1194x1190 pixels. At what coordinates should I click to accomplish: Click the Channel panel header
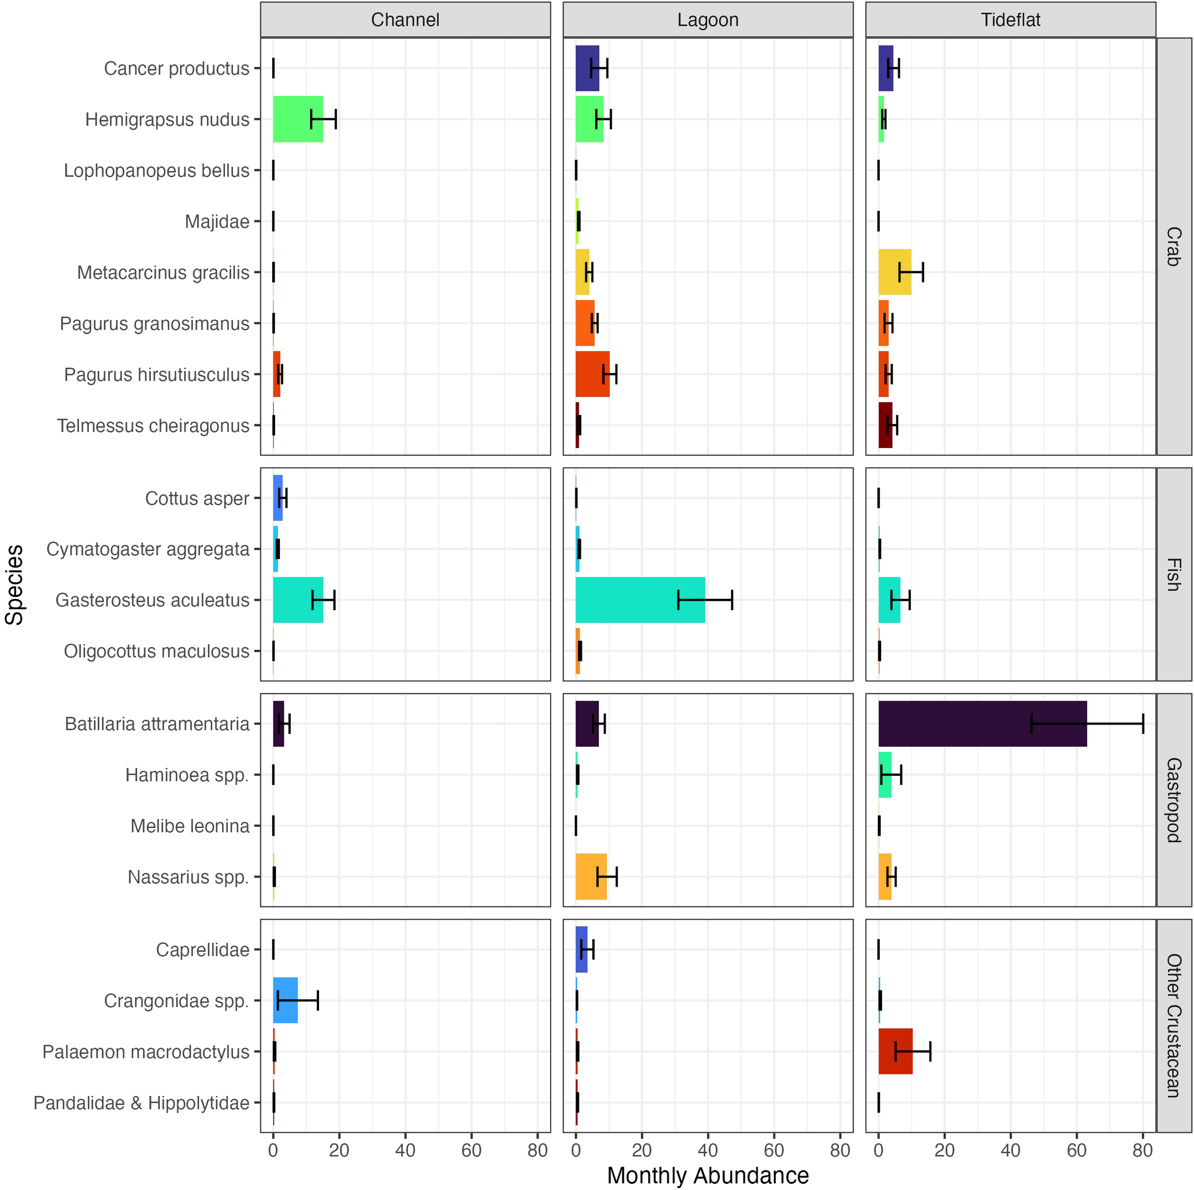(x=405, y=20)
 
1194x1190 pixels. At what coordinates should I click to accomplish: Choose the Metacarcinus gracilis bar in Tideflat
(x=894, y=272)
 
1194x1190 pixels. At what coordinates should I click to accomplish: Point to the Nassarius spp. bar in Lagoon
(x=590, y=876)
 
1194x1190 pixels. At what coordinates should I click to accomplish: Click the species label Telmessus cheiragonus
(x=153, y=425)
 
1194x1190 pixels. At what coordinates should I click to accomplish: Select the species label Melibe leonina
(x=189, y=826)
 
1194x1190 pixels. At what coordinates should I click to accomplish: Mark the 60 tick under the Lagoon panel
(x=773, y=1150)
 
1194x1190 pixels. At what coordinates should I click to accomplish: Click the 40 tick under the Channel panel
(x=405, y=1150)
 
